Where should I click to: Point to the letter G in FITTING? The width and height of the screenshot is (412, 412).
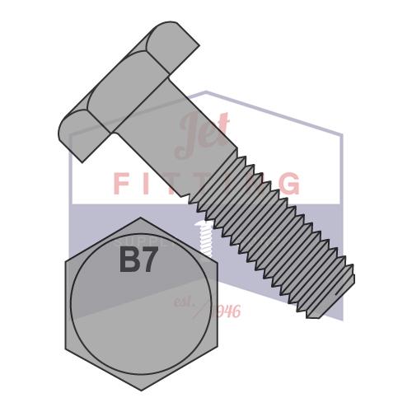(289, 184)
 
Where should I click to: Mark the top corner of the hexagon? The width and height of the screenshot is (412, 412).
(140, 218)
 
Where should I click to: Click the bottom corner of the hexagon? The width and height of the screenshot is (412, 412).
(140, 390)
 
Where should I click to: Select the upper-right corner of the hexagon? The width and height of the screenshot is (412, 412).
(215, 261)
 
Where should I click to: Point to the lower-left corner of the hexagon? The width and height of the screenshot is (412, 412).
(66, 347)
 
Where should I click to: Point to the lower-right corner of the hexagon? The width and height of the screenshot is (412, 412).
(215, 347)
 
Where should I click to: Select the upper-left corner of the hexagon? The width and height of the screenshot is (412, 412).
(66, 261)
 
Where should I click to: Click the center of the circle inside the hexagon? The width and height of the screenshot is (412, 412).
(140, 304)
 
